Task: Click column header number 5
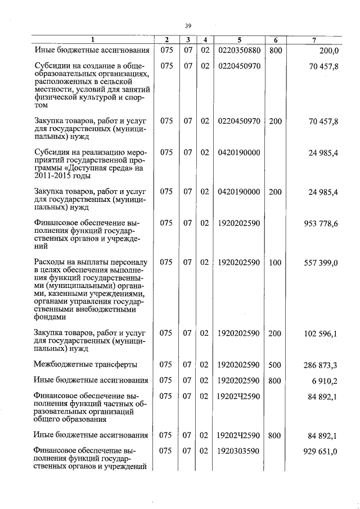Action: click(x=239, y=39)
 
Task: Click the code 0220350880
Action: click(x=239, y=50)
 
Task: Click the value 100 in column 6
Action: click(x=275, y=262)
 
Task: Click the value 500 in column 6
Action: click(x=275, y=365)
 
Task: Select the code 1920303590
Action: click(x=239, y=451)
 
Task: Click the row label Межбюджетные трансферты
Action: click(x=85, y=365)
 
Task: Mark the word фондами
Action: click(x=49, y=316)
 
